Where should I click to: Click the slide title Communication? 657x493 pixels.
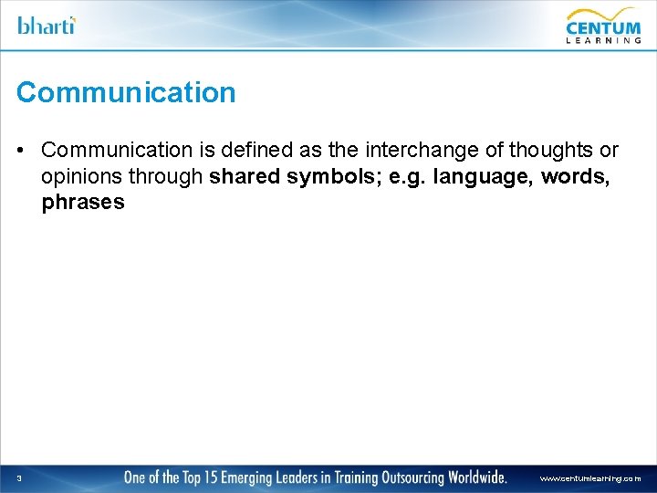126,92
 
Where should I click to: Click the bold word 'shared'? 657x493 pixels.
245,176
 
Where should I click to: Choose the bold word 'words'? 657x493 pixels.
576,176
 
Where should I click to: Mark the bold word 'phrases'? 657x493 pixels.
83,203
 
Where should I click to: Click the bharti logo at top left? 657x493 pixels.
47,25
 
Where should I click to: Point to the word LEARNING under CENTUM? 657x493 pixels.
603,39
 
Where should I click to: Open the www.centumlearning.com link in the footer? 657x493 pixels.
590,478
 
